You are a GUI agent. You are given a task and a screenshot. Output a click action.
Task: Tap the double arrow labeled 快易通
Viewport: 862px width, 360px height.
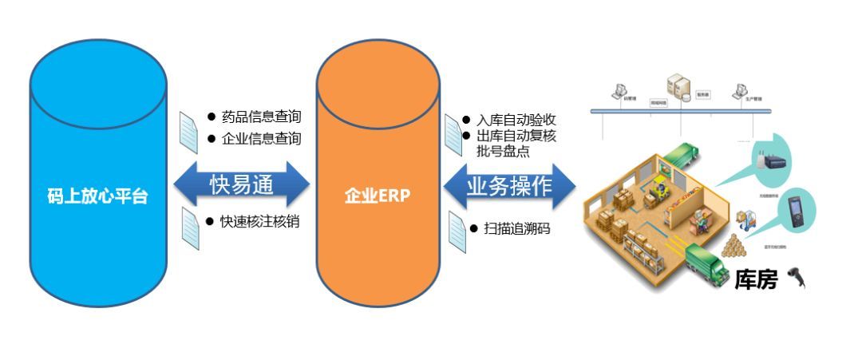(x=242, y=185)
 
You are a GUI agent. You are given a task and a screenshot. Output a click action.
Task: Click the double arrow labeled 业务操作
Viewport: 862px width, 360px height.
(x=509, y=187)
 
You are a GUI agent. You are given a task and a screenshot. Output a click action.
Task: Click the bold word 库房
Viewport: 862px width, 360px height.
(x=755, y=279)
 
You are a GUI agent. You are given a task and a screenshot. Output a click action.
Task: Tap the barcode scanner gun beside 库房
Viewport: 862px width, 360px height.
(x=796, y=277)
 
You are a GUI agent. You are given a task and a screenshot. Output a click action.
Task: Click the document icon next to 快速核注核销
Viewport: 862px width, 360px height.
(x=189, y=227)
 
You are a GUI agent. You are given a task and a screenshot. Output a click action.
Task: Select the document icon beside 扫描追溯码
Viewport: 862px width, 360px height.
(x=456, y=230)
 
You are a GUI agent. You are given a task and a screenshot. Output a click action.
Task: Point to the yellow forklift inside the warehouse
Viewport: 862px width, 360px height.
(x=661, y=188)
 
